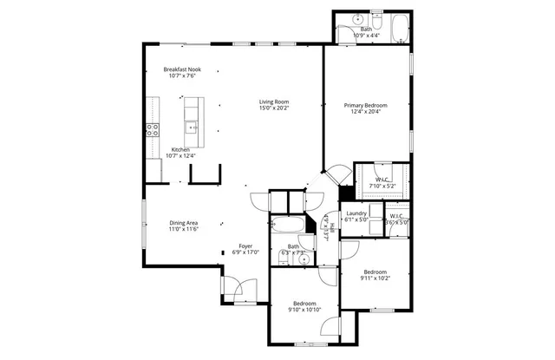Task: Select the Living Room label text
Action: (273, 101)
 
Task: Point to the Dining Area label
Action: (183, 223)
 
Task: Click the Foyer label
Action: (245, 246)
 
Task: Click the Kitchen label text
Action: (180, 149)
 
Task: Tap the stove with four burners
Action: (153, 130)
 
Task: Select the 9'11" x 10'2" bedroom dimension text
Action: (376, 278)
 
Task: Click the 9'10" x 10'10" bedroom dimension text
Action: (304, 310)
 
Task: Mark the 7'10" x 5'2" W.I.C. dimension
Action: (382, 186)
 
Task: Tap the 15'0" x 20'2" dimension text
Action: (273, 108)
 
